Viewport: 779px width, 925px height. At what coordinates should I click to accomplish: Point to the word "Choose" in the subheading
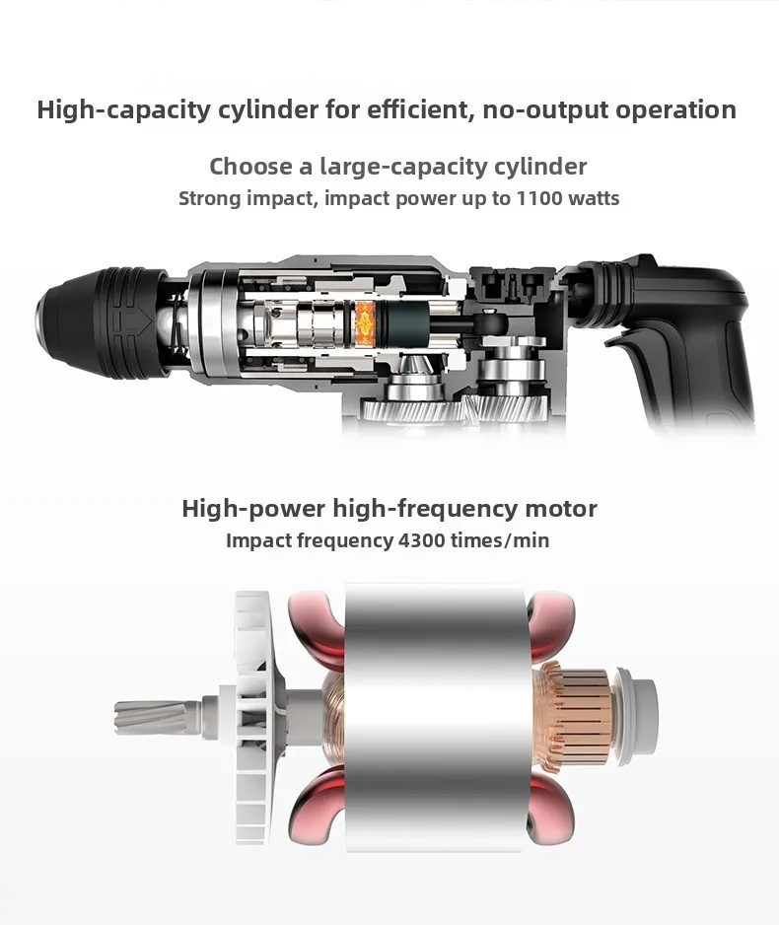250,166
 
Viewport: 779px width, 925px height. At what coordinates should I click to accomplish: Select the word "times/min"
503,540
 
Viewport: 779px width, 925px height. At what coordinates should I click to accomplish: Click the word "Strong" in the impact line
209,198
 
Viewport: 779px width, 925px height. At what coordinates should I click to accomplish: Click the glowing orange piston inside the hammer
365,318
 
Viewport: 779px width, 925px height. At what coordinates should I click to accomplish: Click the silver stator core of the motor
434,710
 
